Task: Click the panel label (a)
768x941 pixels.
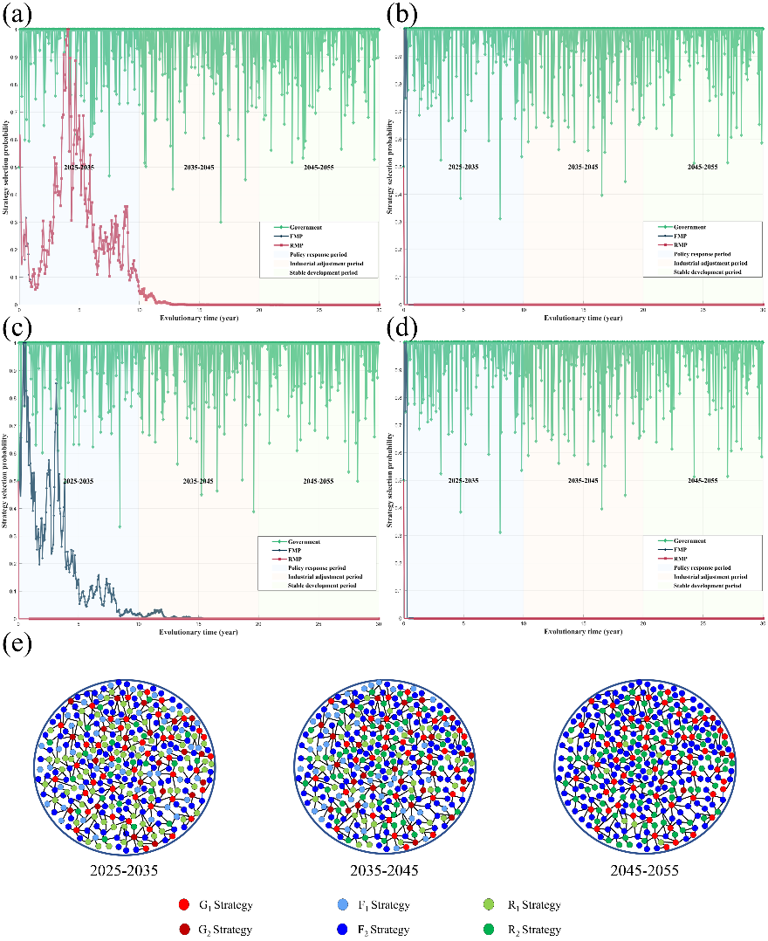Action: click(x=18, y=15)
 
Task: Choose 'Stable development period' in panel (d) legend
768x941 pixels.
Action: click(x=708, y=587)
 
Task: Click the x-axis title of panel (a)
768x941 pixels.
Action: click(x=198, y=317)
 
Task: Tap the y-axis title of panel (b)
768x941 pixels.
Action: click(x=390, y=166)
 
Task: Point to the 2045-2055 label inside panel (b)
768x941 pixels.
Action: click(x=703, y=166)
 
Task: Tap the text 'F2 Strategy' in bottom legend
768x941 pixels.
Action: click(x=384, y=930)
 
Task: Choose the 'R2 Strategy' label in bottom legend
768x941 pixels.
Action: click(x=537, y=930)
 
